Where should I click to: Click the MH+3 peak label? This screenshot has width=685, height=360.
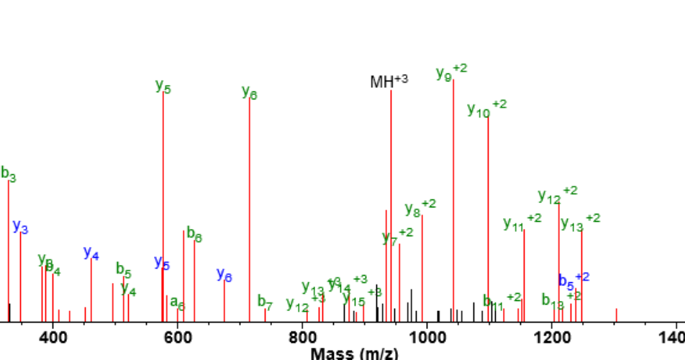tap(389, 81)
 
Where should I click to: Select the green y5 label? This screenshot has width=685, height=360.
tap(163, 86)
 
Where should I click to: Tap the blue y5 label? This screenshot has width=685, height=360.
tap(162, 263)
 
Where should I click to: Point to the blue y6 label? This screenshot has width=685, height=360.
tap(224, 275)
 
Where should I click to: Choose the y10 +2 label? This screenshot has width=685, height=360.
tap(487, 108)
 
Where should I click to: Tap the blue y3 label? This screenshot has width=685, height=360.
tap(21, 227)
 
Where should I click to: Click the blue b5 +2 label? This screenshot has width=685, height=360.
tap(574, 279)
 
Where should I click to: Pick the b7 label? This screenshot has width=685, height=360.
tap(266, 302)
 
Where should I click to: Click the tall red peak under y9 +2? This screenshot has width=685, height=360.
tap(453, 202)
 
